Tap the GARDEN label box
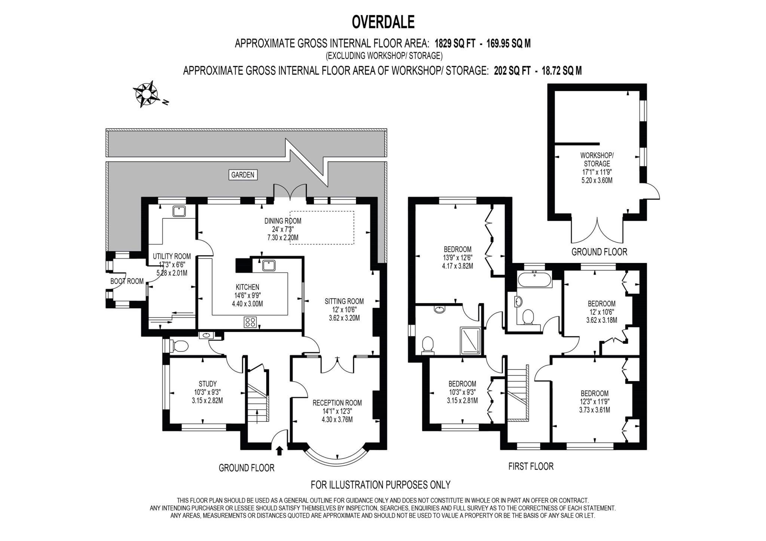coord(243,175)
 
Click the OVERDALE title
coord(383,22)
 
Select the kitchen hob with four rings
coord(250,322)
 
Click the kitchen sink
coord(269,265)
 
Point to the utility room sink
coord(179,211)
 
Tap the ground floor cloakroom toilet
coord(179,346)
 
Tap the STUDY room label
coord(207,383)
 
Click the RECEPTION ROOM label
coord(337,403)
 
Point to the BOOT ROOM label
coord(127,281)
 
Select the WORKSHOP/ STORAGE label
coord(597,159)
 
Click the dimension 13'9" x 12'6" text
coord(457,258)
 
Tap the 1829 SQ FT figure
coord(455,44)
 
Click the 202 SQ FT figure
coord(512,71)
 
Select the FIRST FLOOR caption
coord(531,466)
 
